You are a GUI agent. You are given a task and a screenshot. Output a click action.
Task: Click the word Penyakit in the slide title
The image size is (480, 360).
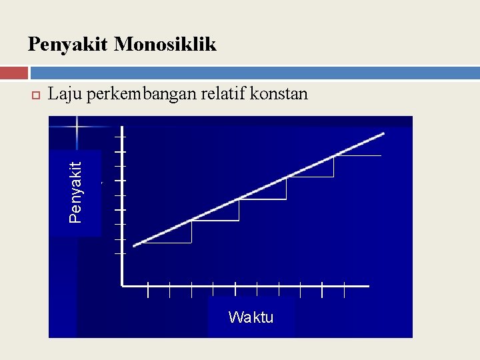(x=68, y=45)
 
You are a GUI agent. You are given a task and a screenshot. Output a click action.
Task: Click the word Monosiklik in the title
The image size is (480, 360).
(x=165, y=45)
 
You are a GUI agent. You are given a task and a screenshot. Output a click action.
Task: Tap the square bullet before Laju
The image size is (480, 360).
(x=36, y=95)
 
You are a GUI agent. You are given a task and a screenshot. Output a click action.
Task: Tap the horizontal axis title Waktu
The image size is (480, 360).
(x=251, y=317)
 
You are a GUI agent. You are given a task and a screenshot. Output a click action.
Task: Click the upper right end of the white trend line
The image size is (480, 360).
(x=383, y=134)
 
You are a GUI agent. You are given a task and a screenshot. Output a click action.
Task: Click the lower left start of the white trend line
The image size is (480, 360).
(x=135, y=245)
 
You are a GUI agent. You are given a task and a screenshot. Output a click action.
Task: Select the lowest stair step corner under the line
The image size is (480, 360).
(x=191, y=243)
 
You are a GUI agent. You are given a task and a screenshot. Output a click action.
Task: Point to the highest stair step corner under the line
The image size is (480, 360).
(x=333, y=177)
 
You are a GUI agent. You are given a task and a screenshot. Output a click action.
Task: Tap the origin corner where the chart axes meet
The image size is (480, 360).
(x=123, y=285)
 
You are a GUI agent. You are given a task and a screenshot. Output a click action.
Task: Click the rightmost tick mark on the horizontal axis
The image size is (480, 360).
(x=344, y=290)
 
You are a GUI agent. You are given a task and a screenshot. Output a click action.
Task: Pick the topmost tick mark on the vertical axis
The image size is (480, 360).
(x=120, y=137)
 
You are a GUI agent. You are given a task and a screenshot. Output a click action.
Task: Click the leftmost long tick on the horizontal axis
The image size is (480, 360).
(x=148, y=290)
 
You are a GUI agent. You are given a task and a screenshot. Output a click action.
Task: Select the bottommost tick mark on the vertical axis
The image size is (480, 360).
(x=120, y=254)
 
